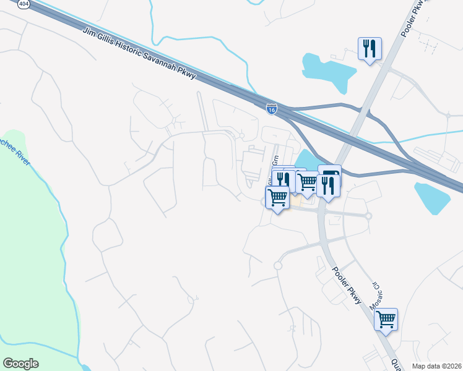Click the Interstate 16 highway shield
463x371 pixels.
click(x=271, y=109)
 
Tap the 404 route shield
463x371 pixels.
click(x=24, y=4)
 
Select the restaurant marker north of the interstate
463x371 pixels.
click(x=370, y=48)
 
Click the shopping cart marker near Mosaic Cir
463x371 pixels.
click(x=386, y=319)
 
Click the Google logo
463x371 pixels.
click(x=20, y=364)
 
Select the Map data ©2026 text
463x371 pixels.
click(x=437, y=366)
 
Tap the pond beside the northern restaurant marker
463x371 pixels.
click(x=328, y=71)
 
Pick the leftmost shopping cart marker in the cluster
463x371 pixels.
click(x=277, y=198)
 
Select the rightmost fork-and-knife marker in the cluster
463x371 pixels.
click(x=327, y=186)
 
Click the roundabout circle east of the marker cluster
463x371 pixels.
click(x=368, y=216)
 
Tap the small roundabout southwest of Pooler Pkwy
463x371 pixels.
click(x=278, y=266)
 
